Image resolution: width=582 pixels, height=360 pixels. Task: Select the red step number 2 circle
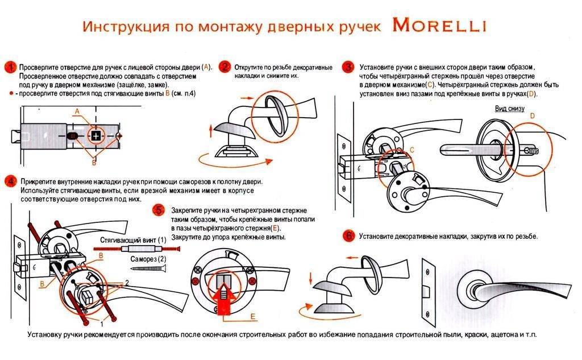[x=225, y=67]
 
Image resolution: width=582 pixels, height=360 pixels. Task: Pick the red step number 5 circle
[x=160, y=210]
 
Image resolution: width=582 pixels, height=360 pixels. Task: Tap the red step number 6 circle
[x=348, y=235]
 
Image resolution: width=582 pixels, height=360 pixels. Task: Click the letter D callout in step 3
[x=532, y=116]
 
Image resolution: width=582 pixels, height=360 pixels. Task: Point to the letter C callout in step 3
[x=411, y=149]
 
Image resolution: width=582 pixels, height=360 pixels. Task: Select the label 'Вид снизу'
[x=509, y=108]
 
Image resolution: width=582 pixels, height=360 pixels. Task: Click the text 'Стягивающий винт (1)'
[x=132, y=240]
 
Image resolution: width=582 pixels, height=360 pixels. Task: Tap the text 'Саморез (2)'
[x=148, y=259]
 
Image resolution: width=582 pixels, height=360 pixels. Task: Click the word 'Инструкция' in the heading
[x=117, y=27]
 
